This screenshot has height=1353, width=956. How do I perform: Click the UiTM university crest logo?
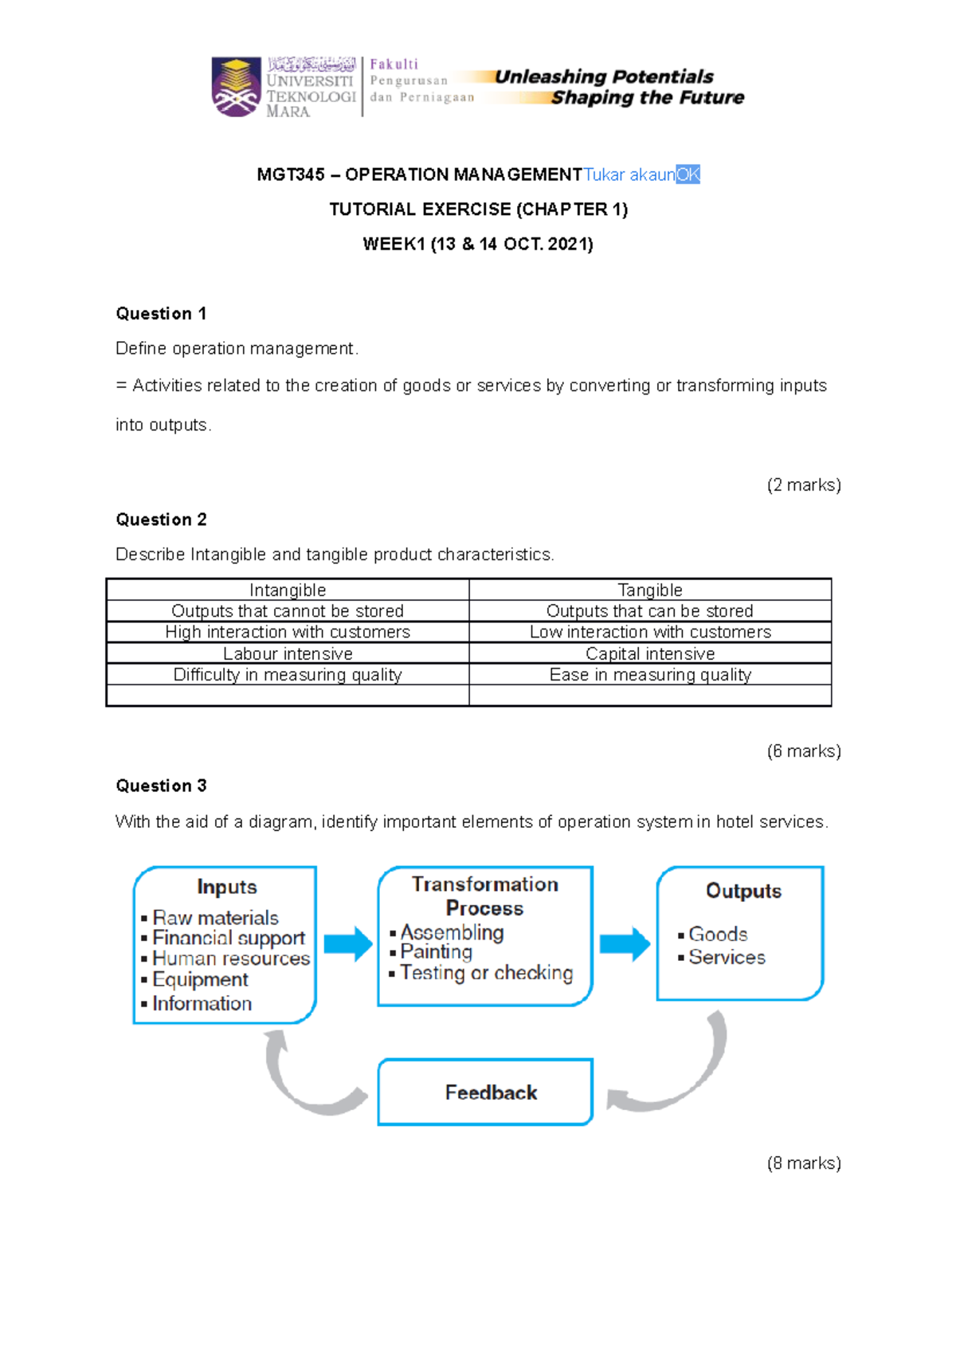click(x=236, y=87)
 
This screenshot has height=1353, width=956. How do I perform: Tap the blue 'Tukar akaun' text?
click(x=629, y=175)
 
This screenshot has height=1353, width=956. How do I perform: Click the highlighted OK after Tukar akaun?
click(x=688, y=175)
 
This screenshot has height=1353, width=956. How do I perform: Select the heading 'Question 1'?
click(x=161, y=314)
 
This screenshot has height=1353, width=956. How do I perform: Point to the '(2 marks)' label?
click(x=803, y=485)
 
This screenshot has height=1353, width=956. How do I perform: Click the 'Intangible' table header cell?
click(x=288, y=590)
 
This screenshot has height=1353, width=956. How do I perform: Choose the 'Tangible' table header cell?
click(x=650, y=590)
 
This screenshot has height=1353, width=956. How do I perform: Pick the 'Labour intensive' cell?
click(x=288, y=653)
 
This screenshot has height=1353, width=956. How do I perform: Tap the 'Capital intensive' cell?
click(x=650, y=653)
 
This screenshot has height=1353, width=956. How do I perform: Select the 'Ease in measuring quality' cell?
click(x=650, y=675)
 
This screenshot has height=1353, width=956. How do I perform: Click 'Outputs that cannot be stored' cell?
click(x=288, y=611)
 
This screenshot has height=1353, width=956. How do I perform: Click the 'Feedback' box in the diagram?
click(x=485, y=1092)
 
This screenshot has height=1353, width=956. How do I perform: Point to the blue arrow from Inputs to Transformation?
click(x=348, y=944)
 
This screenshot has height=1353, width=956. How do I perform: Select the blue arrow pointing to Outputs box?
click(x=625, y=944)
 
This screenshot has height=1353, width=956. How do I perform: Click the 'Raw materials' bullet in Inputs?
click(x=215, y=917)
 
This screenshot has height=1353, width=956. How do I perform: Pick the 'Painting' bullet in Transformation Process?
click(x=436, y=951)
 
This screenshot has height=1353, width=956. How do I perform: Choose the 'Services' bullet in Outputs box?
click(x=727, y=957)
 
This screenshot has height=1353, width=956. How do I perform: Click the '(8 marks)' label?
click(x=803, y=1163)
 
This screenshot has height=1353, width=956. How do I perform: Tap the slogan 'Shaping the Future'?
click(x=647, y=98)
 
